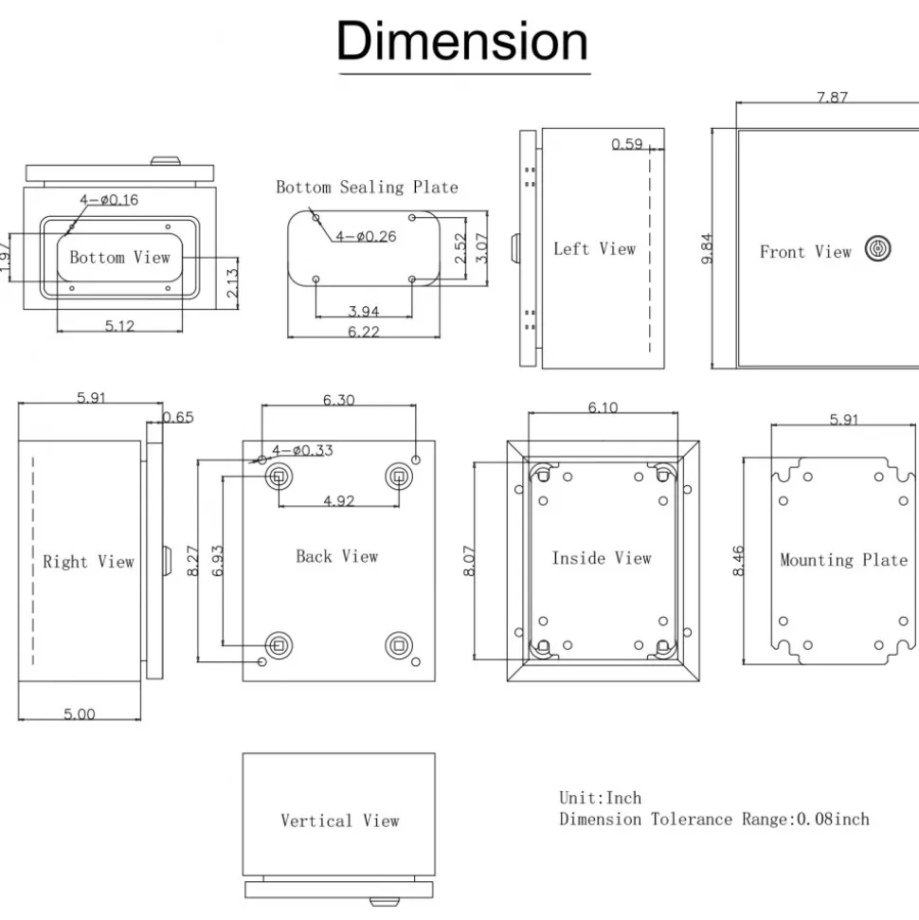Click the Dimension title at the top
tap(461, 41)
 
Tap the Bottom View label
tap(119, 257)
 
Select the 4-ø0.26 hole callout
tap(366, 236)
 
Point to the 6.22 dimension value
tap(363, 332)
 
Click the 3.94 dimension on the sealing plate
tap(363, 311)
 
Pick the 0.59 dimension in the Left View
tap(627, 144)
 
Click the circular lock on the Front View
tap(878, 248)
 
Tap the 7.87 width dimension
tap(832, 97)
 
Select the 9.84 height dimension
tap(707, 249)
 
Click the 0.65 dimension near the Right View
tap(178, 417)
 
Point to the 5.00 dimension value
tap(80, 714)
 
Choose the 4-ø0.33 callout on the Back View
tap(302, 450)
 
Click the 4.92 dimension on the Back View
tap(338, 500)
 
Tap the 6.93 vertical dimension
tap(217, 561)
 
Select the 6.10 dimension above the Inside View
tap(603, 407)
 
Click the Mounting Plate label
tap(844, 560)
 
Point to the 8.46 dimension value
tap(738, 561)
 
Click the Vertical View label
tap(340, 821)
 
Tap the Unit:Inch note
tap(601, 798)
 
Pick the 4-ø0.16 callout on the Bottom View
tap(109, 200)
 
